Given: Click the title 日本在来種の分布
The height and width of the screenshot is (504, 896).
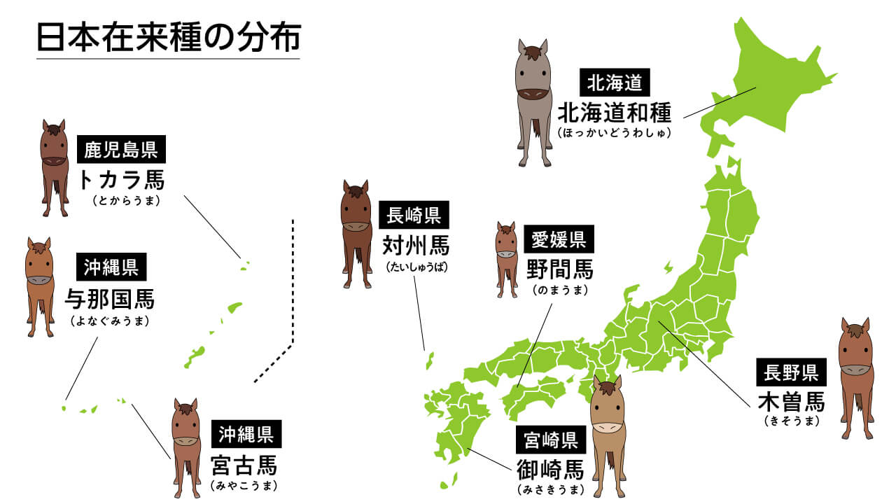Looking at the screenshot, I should (x=168, y=39).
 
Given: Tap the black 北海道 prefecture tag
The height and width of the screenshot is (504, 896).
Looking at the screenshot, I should (x=615, y=83).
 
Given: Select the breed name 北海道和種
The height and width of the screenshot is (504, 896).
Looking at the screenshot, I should (x=615, y=112).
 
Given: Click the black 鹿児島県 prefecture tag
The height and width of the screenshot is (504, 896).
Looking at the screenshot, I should (x=121, y=149).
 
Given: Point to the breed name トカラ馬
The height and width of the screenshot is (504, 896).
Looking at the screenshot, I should (x=121, y=180).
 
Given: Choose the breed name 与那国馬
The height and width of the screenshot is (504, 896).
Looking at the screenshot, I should (x=109, y=300).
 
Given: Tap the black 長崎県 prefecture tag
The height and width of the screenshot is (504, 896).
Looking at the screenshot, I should (x=414, y=216).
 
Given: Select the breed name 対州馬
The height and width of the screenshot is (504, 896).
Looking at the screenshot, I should (x=416, y=246).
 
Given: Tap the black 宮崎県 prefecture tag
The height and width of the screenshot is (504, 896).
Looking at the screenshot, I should (x=550, y=440).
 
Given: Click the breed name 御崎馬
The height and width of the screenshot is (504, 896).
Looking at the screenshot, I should (x=550, y=469).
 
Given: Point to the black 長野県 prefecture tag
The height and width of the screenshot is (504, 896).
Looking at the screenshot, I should (x=792, y=371).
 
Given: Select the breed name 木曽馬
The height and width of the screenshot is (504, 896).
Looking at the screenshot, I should (x=792, y=401).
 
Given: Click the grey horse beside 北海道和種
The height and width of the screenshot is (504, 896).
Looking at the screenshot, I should (x=533, y=101).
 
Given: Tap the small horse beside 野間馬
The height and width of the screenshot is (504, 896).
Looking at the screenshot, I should (x=507, y=259).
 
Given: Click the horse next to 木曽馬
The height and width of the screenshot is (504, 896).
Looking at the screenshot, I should (x=855, y=378).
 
